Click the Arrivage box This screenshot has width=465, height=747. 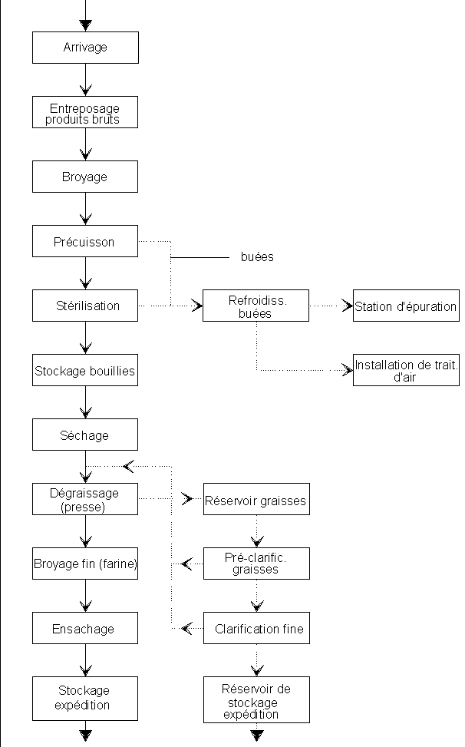(x=85, y=48)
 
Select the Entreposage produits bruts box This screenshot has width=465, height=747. (x=85, y=112)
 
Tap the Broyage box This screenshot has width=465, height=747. (x=85, y=177)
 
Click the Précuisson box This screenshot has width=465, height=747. (x=85, y=241)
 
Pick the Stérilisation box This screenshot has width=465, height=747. (x=85, y=306)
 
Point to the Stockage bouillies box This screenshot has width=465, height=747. (x=85, y=370)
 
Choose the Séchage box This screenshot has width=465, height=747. (x=85, y=435)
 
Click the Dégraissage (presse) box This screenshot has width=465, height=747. (x=85, y=499)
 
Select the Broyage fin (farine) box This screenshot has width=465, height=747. (x=85, y=564)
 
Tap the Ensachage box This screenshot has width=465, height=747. (x=85, y=628)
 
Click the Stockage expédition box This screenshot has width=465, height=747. (x=85, y=699)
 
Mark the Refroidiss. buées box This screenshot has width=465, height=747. (x=256, y=306)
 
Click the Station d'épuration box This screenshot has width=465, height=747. (x=406, y=306)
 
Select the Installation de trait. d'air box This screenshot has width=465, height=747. (x=406, y=370)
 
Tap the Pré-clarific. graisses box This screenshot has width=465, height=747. (x=256, y=564)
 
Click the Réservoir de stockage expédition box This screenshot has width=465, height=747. (x=256, y=699)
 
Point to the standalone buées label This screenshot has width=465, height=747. (x=257, y=257)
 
